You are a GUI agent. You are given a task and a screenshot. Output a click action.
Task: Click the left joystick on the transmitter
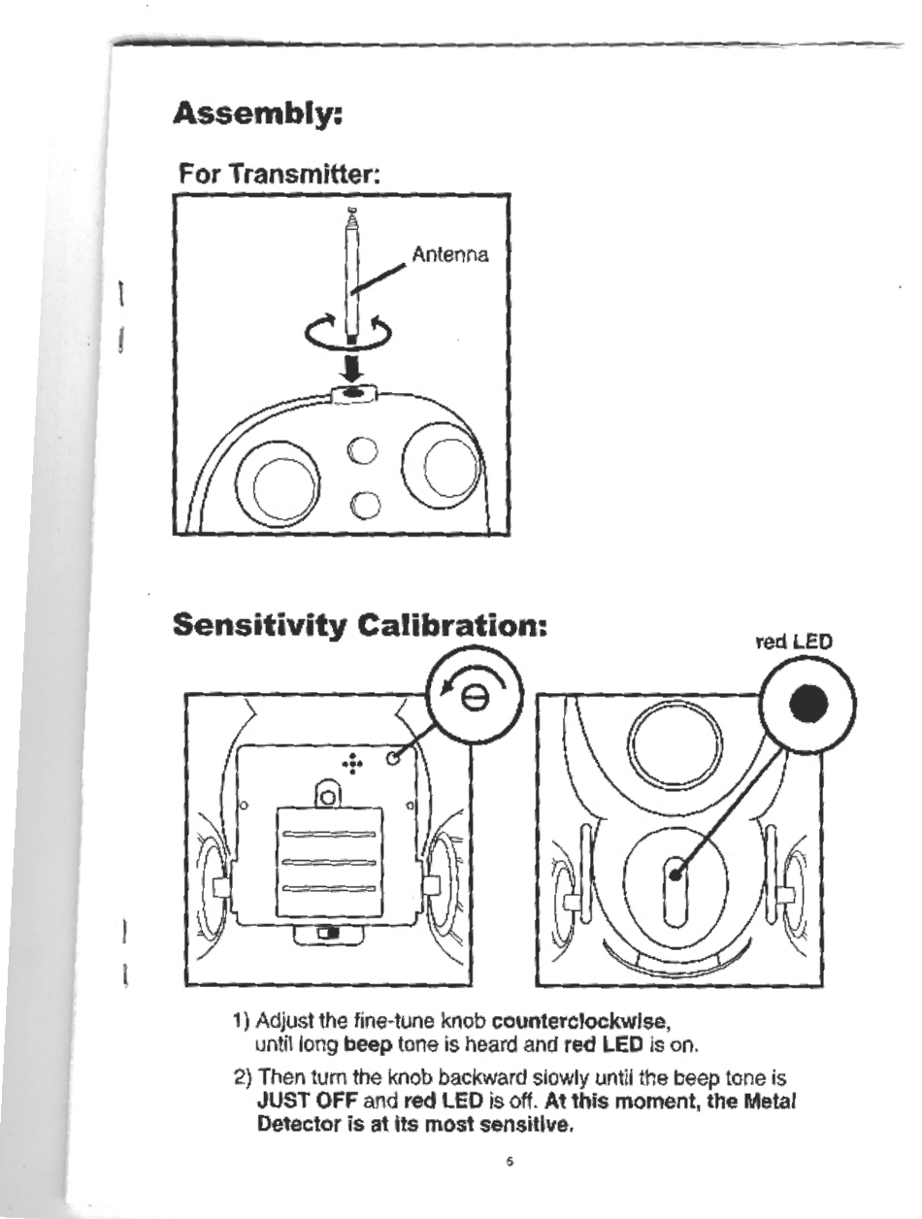point(284,481)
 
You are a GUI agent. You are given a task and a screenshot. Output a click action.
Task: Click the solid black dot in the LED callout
point(807,702)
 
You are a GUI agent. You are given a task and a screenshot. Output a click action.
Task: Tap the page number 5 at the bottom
point(510,1161)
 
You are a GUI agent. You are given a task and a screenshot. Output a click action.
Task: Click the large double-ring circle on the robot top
point(674,743)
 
